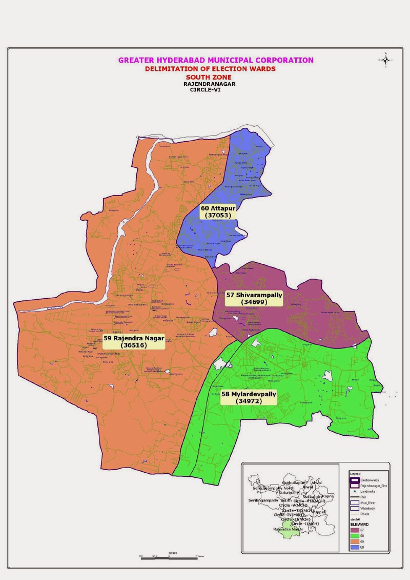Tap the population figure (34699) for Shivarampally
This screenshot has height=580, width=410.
pyautogui.click(x=254, y=302)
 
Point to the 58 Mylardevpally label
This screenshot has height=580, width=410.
pyautogui.click(x=249, y=394)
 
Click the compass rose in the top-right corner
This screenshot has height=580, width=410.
pyautogui.click(x=385, y=60)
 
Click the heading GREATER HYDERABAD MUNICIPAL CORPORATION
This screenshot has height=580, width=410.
pyautogui.click(x=216, y=60)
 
